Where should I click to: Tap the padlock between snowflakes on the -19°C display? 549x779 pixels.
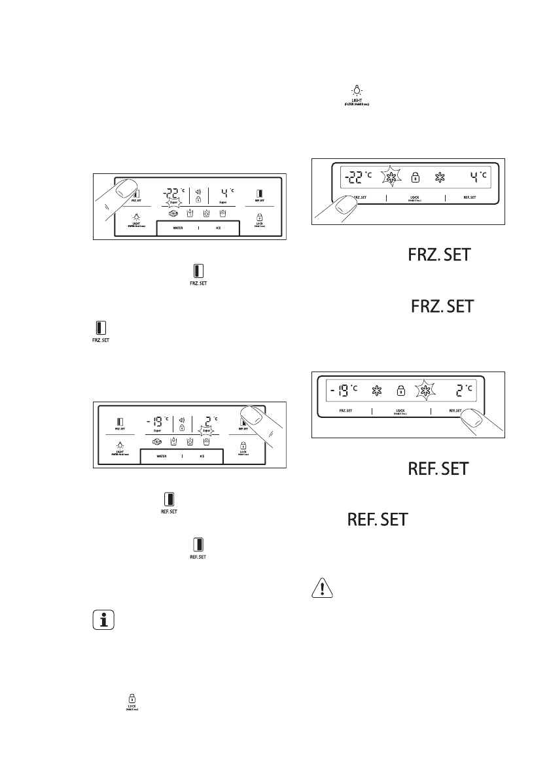400,391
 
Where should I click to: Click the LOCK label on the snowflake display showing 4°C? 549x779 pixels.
415,197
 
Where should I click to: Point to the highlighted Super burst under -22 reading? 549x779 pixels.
174,202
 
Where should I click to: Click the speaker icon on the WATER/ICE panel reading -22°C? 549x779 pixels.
198,192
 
